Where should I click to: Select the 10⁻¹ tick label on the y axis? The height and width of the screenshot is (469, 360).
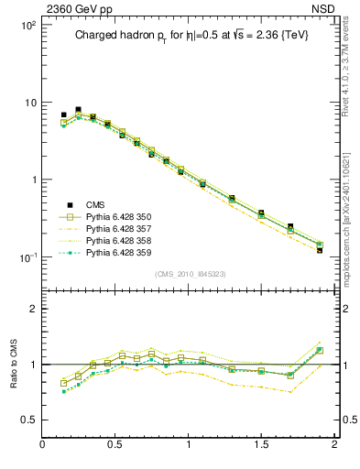(x=27, y=256)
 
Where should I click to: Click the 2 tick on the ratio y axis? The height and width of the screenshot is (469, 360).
(x=32, y=309)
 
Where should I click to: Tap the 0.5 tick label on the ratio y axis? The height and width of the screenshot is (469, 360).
(x=28, y=420)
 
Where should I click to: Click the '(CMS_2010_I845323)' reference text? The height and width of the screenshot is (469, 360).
(x=191, y=274)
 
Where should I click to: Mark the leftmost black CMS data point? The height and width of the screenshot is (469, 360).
(x=63, y=115)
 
